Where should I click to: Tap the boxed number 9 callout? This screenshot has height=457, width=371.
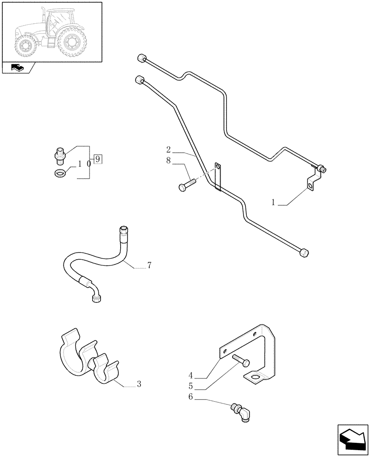98,159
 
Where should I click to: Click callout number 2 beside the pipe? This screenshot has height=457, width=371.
169,149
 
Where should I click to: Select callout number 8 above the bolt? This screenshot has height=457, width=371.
169,160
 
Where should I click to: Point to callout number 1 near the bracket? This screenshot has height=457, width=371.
273,202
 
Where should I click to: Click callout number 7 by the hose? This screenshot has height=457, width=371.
149,266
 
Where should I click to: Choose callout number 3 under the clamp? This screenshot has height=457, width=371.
139,384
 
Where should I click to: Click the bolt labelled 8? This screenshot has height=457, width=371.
187,184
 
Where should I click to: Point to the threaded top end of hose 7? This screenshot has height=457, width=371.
123,230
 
